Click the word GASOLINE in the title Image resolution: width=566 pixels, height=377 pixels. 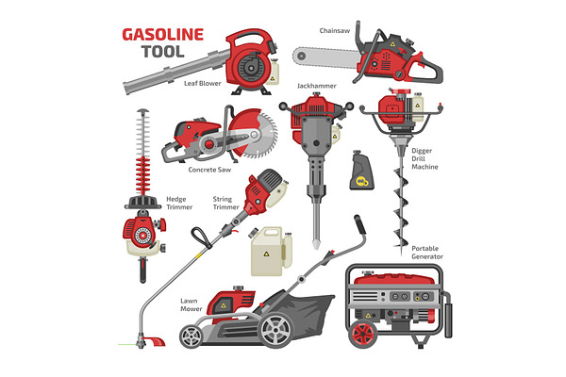click(x=163, y=35)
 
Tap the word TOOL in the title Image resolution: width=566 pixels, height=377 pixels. click(x=163, y=52)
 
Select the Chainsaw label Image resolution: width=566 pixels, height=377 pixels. click(x=335, y=31)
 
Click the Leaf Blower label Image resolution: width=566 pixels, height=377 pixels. click(x=203, y=83)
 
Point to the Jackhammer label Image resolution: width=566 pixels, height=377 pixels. click(x=317, y=86)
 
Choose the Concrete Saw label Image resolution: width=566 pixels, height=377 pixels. click(x=209, y=170)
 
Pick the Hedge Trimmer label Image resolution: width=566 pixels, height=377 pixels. click(x=179, y=203)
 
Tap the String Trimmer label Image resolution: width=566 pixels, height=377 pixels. click(x=226, y=203)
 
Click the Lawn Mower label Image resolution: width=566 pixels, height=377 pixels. click(x=191, y=304)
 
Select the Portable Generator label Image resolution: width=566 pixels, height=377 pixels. click(x=427, y=253)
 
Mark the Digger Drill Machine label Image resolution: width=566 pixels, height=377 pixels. click(x=424, y=158)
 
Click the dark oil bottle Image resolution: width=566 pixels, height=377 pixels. click(x=361, y=171)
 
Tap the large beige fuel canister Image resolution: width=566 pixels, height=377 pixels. click(x=271, y=252)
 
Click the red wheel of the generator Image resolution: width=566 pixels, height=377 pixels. click(x=363, y=334)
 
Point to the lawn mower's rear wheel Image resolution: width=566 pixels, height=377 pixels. click(x=275, y=331)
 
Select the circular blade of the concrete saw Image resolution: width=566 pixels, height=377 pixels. click(x=259, y=134)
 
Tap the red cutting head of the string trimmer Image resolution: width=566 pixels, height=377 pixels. click(x=155, y=341)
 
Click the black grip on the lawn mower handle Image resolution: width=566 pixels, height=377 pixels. click(x=360, y=223)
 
